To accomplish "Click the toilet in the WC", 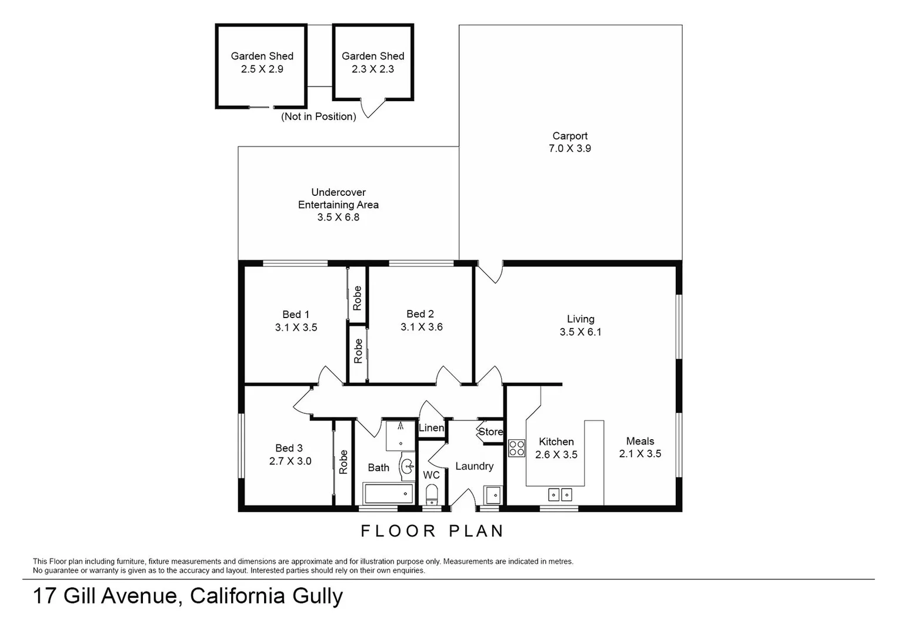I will (432, 493).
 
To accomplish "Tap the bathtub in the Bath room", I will (388, 493).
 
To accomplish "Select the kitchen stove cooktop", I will (516, 448).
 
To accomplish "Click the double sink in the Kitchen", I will (560, 494).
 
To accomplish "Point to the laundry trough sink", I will (492, 495).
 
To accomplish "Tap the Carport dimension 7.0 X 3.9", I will (569, 148).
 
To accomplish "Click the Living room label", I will (580, 319).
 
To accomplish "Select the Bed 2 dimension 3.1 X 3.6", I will (421, 327).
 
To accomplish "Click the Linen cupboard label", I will (431, 428).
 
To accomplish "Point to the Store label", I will (490, 432).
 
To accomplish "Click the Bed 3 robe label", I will (343, 462).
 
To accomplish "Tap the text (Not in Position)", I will (318, 116).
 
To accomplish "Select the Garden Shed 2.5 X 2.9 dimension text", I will (262, 69).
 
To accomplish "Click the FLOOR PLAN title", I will (432, 531).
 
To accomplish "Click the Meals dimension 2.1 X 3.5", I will (640, 453).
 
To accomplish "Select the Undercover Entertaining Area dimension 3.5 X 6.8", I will (338, 217).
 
